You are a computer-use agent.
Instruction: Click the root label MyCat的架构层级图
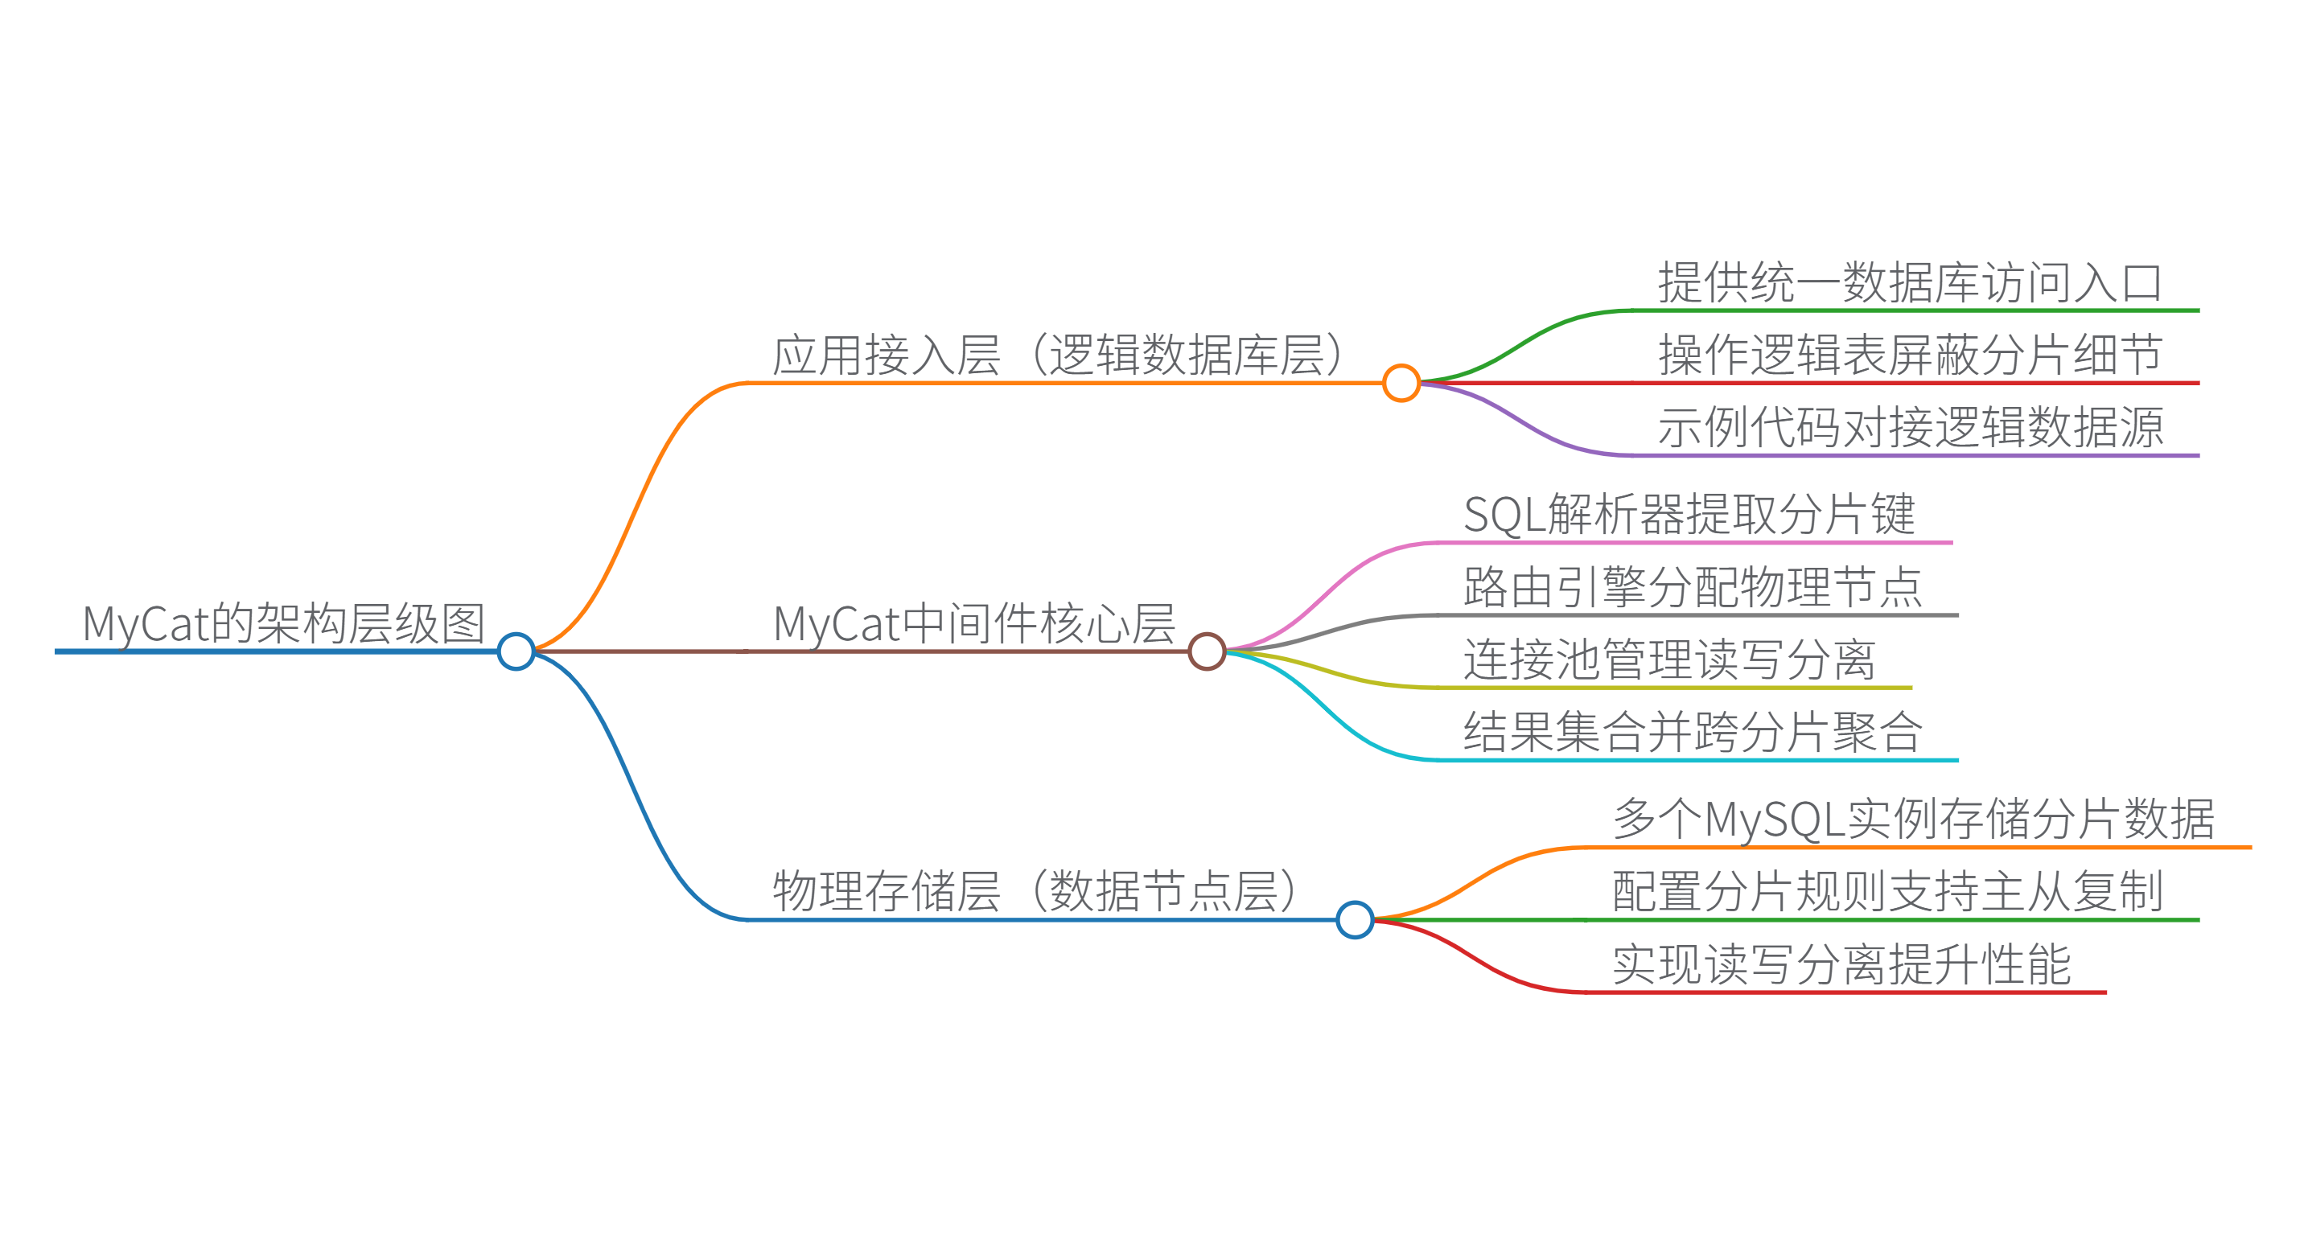tap(282, 623)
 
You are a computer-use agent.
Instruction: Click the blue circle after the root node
tap(516, 651)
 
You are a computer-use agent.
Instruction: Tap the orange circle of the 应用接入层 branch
tap(1401, 383)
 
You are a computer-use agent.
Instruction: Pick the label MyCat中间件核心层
tap(973, 623)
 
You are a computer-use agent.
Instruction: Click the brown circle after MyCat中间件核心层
tap(1207, 651)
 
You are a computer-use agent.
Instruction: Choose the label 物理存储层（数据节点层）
tap(1034, 892)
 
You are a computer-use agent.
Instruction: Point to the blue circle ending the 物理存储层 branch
tap(1354, 919)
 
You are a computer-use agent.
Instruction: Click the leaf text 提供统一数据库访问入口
tap(1910, 282)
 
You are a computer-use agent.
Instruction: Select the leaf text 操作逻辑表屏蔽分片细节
tap(1910, 355)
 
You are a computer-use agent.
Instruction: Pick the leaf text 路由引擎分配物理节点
tap(1693, 588)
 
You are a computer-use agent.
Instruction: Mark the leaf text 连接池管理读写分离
tap(1669, 660)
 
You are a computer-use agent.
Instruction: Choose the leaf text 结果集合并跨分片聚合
tap(1693, 733)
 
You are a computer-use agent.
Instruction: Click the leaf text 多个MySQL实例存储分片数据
tap(1913, 820)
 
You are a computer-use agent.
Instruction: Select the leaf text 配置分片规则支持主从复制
tap(1887, 892)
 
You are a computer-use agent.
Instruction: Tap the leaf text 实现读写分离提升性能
tap(1841, 964)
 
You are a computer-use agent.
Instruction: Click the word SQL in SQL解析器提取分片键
tap(1504, 516)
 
